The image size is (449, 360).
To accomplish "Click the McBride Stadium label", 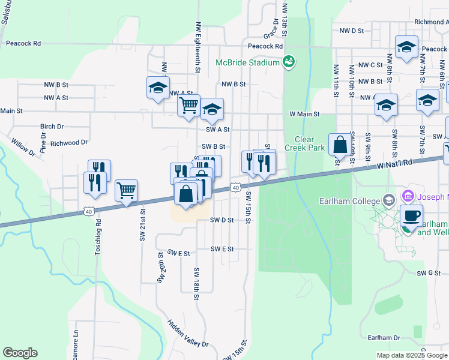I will (248, 62).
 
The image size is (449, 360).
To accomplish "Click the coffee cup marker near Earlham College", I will (411, 217).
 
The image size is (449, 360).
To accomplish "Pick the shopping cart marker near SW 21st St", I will (126, 192).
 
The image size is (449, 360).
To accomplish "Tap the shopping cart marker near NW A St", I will (188, 106).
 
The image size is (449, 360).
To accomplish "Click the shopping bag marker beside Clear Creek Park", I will (340, 146).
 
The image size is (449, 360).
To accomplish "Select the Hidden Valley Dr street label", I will (188, 333).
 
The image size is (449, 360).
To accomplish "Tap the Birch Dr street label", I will (52, 127).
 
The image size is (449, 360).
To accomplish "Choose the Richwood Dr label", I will (69, 143).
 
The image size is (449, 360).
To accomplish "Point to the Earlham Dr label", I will (384, 338).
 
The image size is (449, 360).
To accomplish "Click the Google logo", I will (20, 353).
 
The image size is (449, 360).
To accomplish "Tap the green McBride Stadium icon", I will (288, 62).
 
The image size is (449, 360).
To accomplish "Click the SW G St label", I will (429, 273).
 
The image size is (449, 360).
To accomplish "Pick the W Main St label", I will (305, 113).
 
